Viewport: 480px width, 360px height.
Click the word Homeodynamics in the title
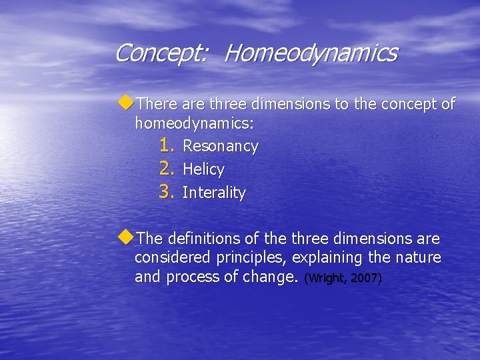point(310,53)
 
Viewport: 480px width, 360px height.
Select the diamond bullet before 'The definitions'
point(126,237)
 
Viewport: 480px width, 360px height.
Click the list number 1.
point(167,145)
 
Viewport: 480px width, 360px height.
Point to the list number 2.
point(167,169)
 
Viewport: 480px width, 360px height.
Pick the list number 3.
point(167,193)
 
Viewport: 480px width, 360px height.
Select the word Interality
point(214,193)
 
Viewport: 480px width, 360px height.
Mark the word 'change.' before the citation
point(269,277)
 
